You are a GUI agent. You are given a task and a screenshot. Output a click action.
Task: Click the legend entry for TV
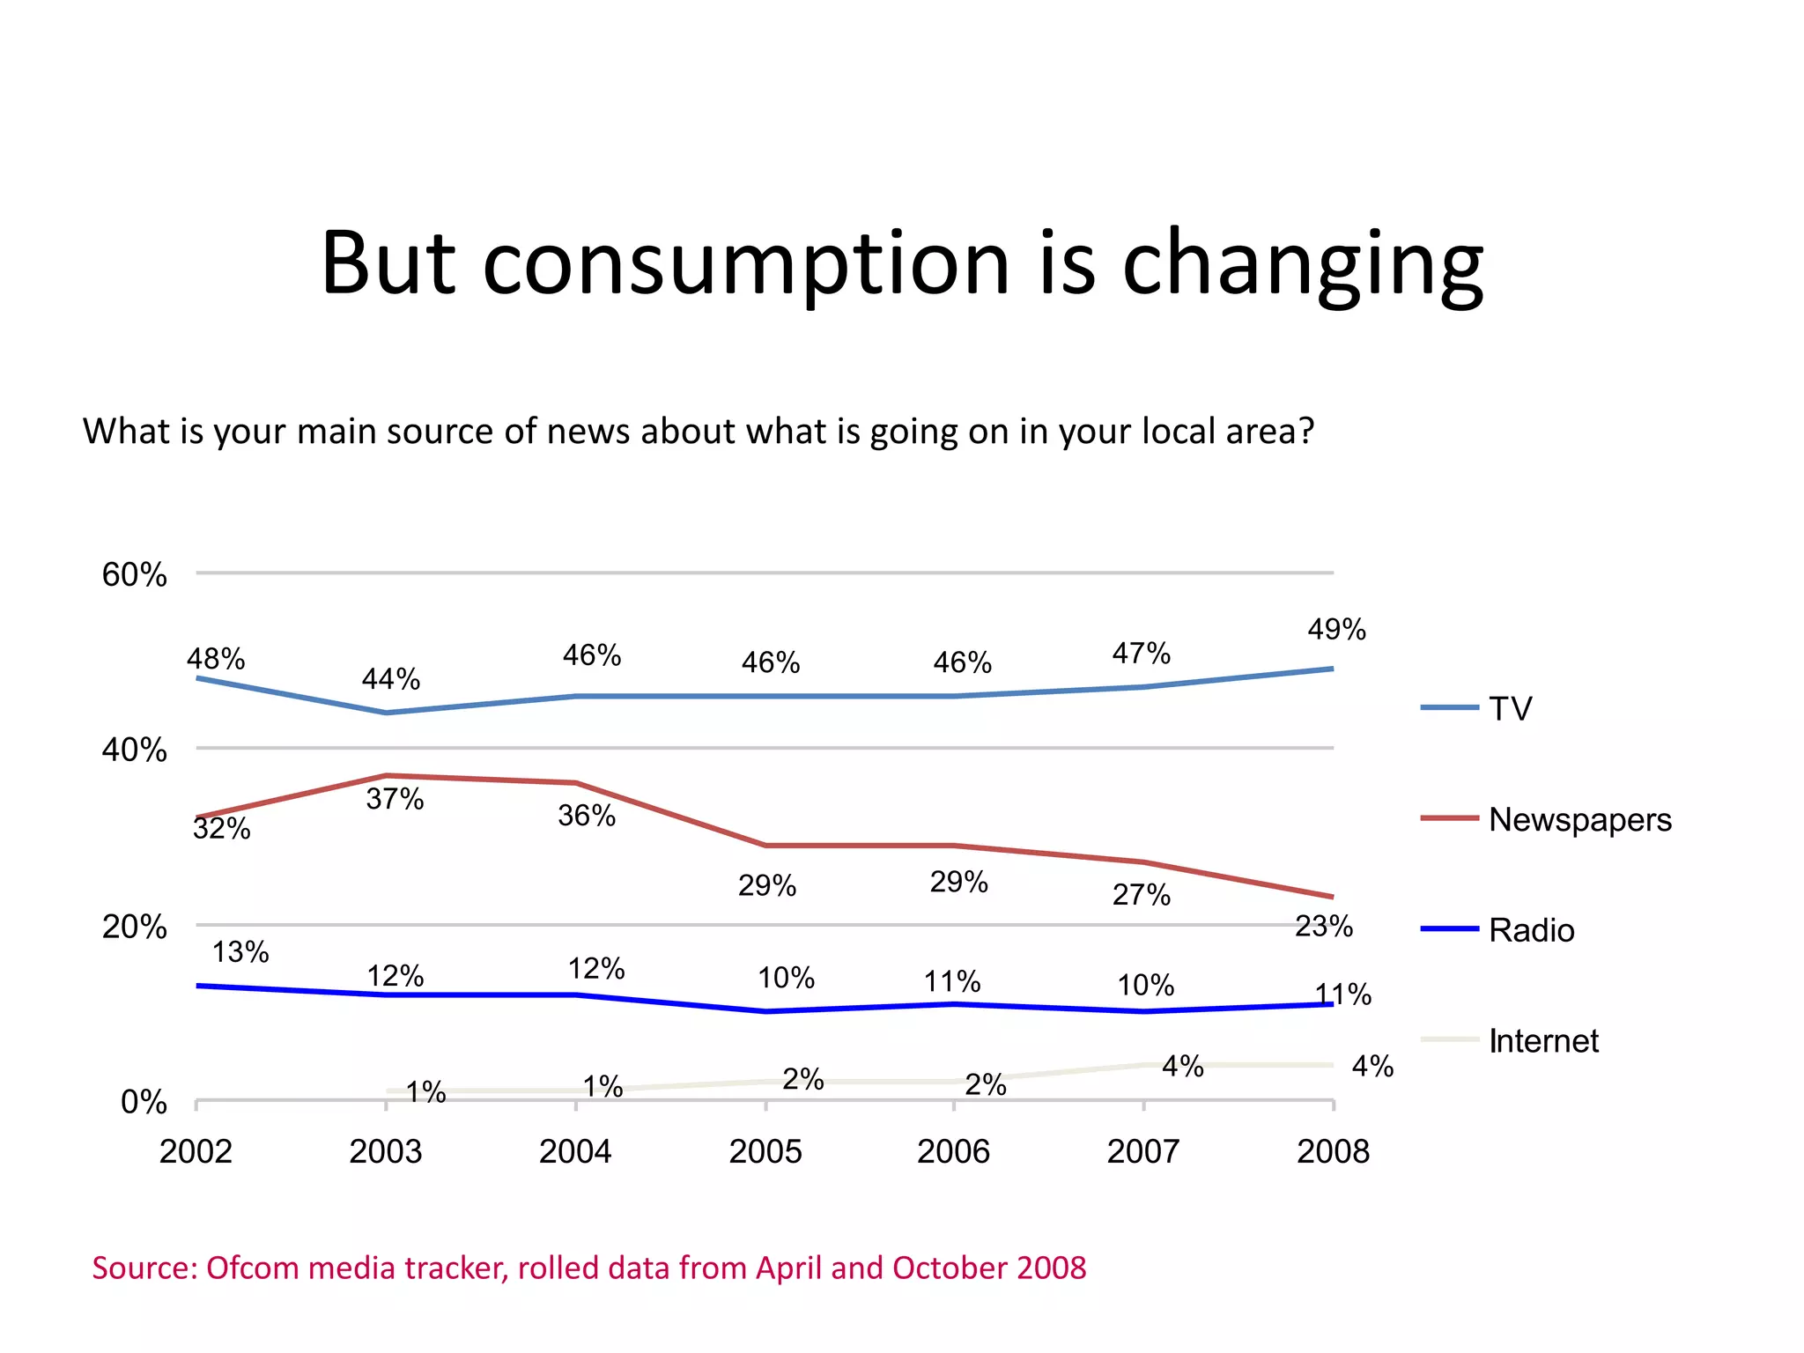click(x=1510, y=708)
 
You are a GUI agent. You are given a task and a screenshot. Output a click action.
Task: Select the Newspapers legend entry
click(x=1579, y=819)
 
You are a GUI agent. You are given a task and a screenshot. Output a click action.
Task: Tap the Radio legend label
click(x=1531, y=930)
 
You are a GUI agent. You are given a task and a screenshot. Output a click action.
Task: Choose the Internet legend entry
click(x=1543, y=1041)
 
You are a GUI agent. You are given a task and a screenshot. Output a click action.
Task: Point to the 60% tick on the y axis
click(x=135, y=574)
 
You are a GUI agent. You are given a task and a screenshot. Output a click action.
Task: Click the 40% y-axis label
click(x=135, y=750)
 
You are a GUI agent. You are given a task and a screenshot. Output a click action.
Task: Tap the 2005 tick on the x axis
click(x=765, y=1151)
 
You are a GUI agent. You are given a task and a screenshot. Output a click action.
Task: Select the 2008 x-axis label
click(x=1333, y=1151)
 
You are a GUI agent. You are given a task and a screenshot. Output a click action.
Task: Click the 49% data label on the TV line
click(x=1336, y=629)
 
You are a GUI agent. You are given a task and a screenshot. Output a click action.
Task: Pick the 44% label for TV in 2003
click(x=390, y=679)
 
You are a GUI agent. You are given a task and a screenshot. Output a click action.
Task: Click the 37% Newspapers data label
click(x=395, y=799)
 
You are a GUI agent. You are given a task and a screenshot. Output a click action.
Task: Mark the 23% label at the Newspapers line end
click(x=1323, y=926)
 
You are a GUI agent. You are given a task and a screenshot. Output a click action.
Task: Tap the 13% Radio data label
click(x=240, y=951)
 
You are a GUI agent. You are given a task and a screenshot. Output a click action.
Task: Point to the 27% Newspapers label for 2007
click(x=1141, y=895)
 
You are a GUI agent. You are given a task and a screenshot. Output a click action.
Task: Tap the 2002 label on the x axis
click(x=196, y=1151)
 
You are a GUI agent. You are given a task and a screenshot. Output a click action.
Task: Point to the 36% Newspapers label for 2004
click(x=587, y=816)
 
